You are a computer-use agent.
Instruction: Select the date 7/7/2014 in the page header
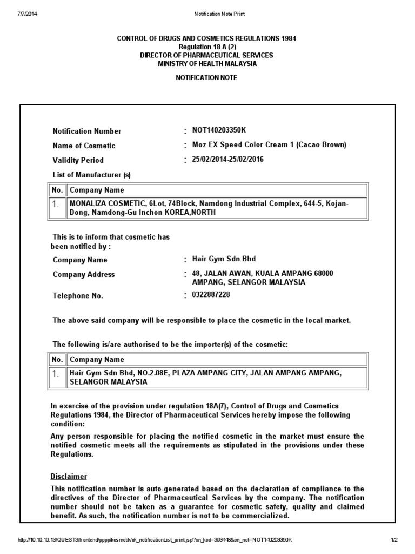point(21,14)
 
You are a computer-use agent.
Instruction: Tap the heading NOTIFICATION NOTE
point(207,78)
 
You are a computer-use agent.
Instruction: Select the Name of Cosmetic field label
point(84,146)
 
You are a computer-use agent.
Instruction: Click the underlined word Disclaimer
point(69,477)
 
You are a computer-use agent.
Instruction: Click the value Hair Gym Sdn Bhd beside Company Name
point(220,259)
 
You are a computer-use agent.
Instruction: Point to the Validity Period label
point(78,160)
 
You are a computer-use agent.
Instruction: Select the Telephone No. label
point(78,296)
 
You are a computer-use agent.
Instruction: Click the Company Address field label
point(84,274)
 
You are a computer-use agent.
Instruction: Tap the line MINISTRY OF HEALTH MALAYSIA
point(207,63)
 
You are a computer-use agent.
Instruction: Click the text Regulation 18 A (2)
point(207,47)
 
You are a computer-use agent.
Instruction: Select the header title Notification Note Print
point(219,14)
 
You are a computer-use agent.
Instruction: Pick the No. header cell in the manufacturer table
point(57,190)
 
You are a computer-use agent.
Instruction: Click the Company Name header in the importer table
point(97,359)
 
